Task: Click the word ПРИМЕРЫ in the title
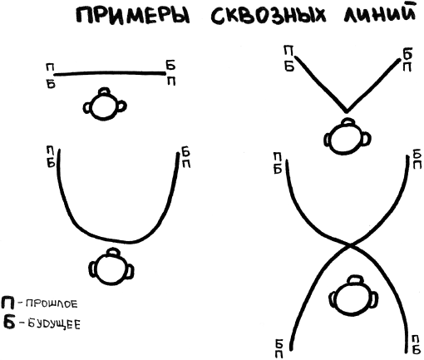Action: [x=133, y=16]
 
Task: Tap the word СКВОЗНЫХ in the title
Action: [x=269, y=15]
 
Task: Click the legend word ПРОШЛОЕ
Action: [x=52, y=304]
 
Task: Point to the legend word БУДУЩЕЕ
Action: [x=54, y=323]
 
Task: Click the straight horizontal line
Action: [x=110, y=73]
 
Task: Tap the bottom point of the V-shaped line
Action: [x=346, y=111]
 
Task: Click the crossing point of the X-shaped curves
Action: [x=350, y=245]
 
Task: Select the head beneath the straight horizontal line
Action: [x=105, y=104]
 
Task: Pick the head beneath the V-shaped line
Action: [x=348, y=136]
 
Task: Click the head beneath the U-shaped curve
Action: [x=111, y=267]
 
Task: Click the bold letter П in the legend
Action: [x=7, y=303]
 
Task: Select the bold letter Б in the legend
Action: [x=9, y=322]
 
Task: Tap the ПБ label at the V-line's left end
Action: [x=288, y=59]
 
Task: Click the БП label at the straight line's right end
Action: [x=171, y=73]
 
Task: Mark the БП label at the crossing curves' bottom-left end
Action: [x=279, y=348]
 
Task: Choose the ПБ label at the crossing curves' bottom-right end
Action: [x=417, y=345]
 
